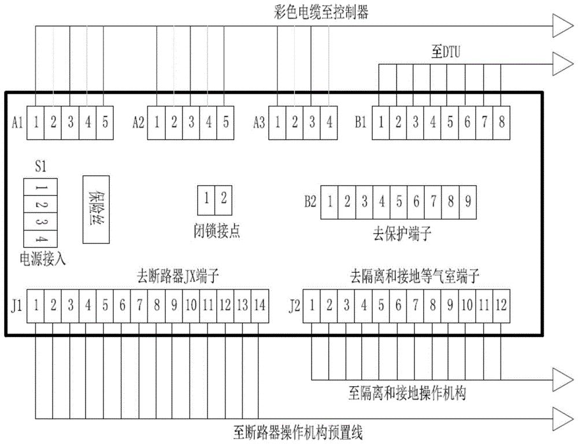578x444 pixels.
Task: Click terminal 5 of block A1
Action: [x=105, y=123]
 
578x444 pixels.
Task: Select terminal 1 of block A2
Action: [x=157, y=123]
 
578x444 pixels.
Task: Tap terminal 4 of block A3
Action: [x=329, y=123]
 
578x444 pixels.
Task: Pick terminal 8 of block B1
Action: [x=501, y=123]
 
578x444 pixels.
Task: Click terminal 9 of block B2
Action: [x=468, y=201]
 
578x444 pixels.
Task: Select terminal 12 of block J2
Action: [x=501, y=304]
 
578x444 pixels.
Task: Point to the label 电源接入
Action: [x=43, y=258]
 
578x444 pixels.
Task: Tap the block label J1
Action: [x=16, y=305]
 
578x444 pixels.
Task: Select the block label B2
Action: [x=310, y=202]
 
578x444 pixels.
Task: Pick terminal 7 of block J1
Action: [x=139, y=304]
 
